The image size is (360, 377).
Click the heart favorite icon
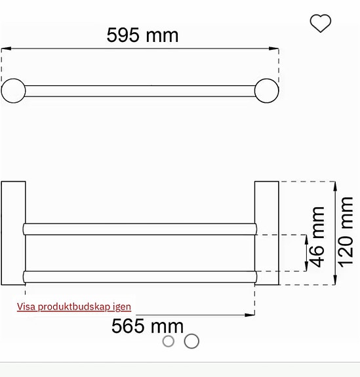[320, 24]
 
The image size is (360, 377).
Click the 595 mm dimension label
[142, 35]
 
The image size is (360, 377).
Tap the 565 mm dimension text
[147, 325]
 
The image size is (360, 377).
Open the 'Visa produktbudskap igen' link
[74, 306]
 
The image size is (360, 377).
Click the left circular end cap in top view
[13, 90]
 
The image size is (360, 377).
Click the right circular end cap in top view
[267, 90]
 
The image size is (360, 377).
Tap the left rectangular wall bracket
[13, 233]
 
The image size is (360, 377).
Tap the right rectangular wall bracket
[266, 233]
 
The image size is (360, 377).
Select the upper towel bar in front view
[140, 229]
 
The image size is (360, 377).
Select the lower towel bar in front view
[140, 275]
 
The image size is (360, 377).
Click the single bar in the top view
[140, 90]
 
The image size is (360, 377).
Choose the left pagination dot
[169, 341]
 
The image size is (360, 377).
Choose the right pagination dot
[191, 341]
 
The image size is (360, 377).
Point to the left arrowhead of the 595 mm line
[6, 49]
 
